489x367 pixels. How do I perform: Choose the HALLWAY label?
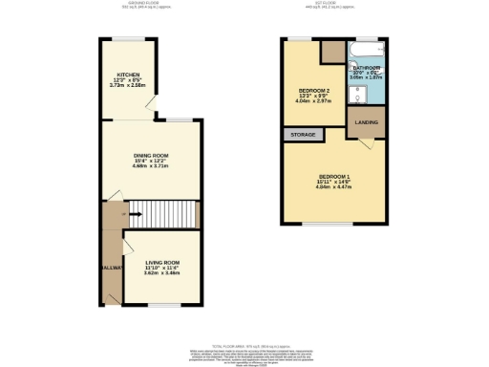point(112,269)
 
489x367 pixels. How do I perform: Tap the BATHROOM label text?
point(367,68)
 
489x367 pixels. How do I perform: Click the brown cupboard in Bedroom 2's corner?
point(332,53)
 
